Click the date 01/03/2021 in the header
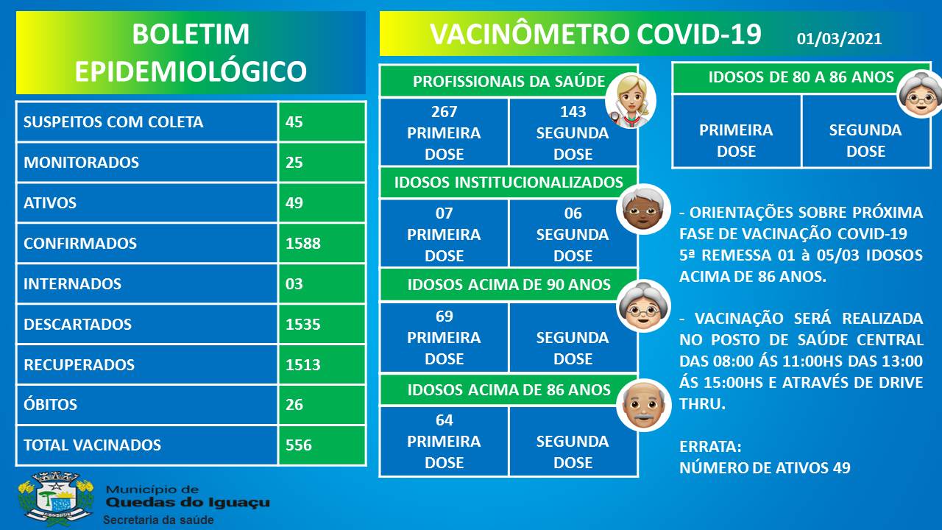tap(839, 39)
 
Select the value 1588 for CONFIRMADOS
tap(302, 243)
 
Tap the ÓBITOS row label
tap(51, 404)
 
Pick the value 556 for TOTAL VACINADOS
tap(299, 445)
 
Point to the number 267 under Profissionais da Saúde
tap(444, 111)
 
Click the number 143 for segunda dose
tap(573, 111)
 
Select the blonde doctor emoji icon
tap(631, 101)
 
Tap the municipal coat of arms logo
tap(55, 499)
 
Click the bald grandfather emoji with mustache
tap(643, 405)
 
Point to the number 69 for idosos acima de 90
tap(444, 316)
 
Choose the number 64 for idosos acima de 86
tap(444, 420)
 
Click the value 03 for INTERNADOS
tap(294, 283)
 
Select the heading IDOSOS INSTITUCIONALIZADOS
tap(509, 182)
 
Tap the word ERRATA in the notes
tap(710, 446)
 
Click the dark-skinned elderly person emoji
tap(643, 209)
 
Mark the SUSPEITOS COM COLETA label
tap(113, 122)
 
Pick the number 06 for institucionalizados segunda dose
tap(573, 213)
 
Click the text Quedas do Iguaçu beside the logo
tap(188, 503)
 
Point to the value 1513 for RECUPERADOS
tap(302, 364)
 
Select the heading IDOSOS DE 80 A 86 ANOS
tap(801, 77)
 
